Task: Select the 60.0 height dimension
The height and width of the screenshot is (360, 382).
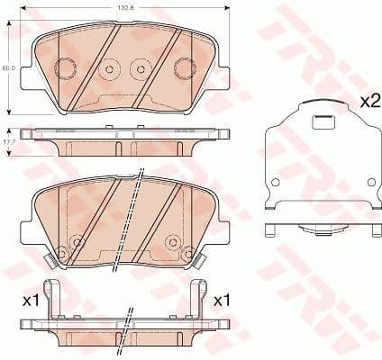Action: [x=6, y=67]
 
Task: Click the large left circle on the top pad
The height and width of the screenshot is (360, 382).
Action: [x=66, y=67]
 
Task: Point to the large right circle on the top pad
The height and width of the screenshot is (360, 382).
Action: [x=183, y=67]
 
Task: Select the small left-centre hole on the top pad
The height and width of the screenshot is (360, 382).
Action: [x=110, y=68]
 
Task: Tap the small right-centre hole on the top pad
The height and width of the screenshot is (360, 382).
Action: [x=140, y=68]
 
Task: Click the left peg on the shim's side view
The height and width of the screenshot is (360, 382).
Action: [x=271, y=231]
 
